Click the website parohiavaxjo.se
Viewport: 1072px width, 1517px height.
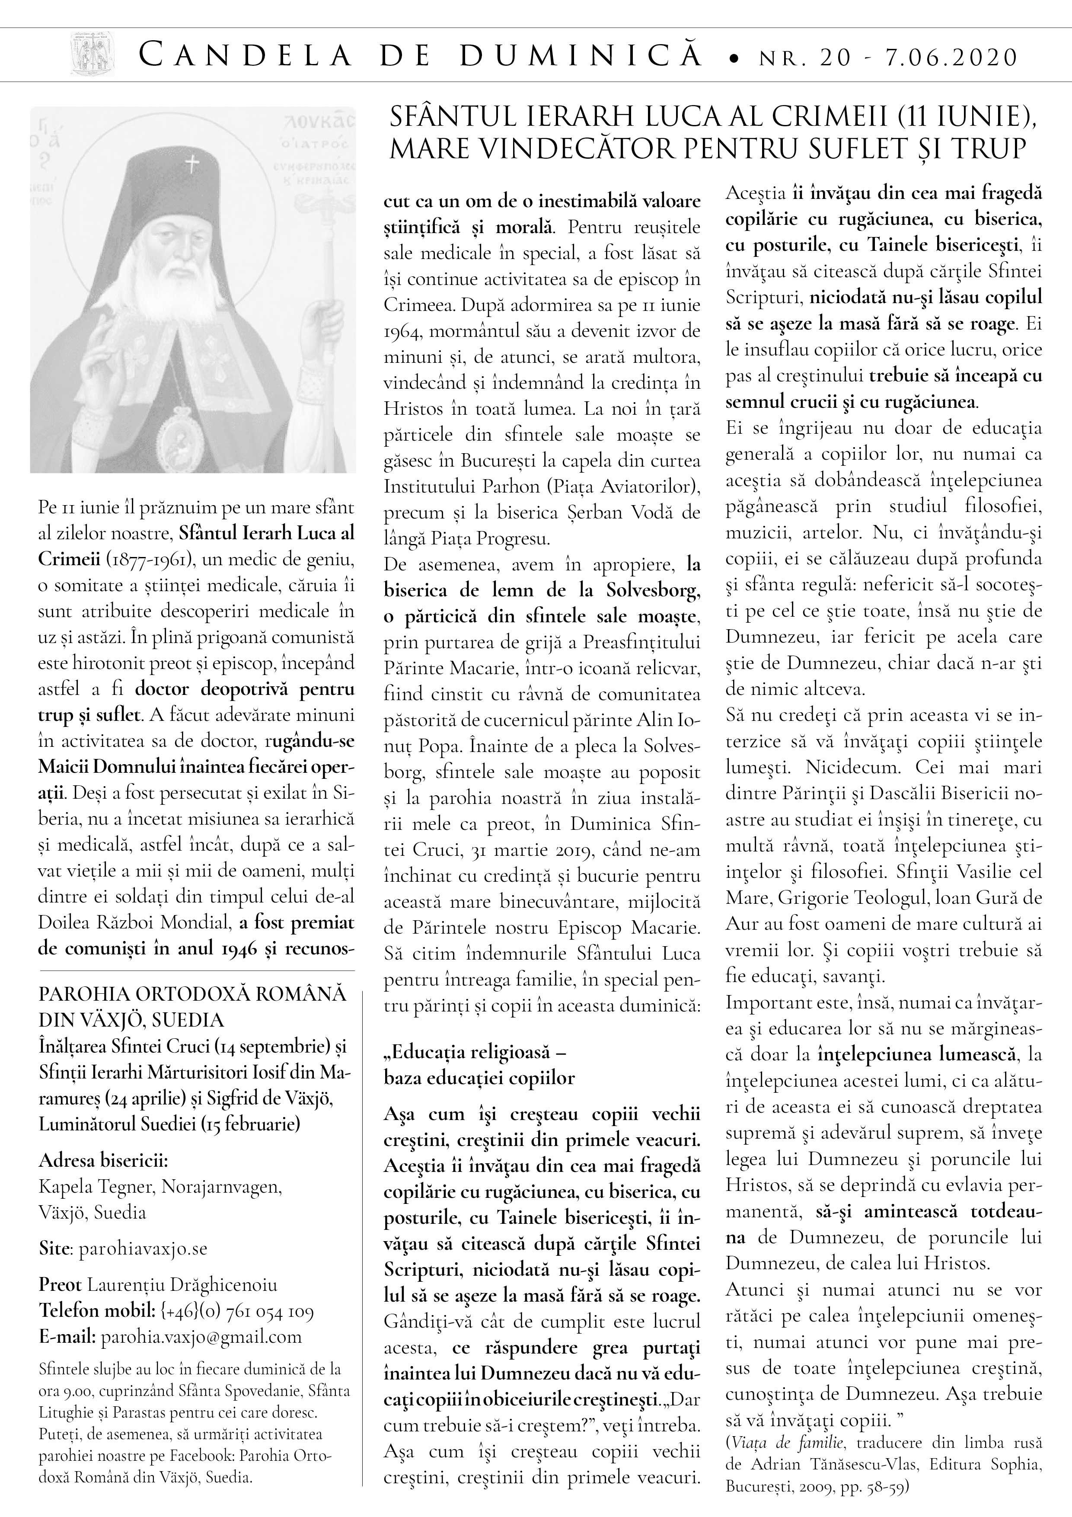[x=143, y=1249]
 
